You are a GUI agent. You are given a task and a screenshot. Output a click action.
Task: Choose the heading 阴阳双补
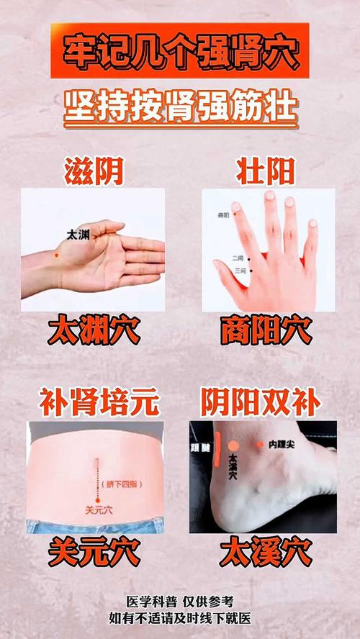pos(266,402)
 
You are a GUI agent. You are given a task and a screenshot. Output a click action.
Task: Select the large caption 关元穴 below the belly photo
pos(94,553)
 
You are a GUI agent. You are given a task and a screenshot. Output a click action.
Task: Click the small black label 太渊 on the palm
pos(78,235)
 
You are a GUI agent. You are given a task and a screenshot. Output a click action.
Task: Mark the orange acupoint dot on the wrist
pos(56,254)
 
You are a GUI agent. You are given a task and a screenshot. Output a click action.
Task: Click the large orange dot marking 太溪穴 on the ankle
pos(233,445)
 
